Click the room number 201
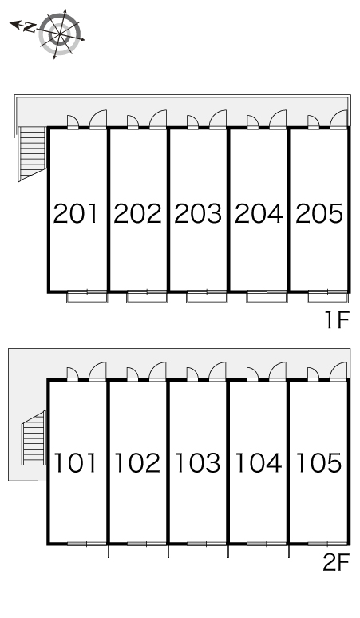coord(75,214)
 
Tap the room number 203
coord(198,214)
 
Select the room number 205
coord(319,214)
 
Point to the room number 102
coord(137,463)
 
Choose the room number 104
coord(259,463)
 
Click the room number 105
coord(318,463)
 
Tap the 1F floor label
coord(337,319)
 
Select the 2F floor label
coord(336,562)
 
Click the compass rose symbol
coord(60,34)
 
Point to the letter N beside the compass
coord(30,27)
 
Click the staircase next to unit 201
coord(32,154)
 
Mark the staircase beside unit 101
coord(34,438)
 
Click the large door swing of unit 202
coord(158,120)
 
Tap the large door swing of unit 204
coord(278,120)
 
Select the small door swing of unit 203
coord(192,122)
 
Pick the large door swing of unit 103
coord(217,371)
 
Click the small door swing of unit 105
coord(313,374)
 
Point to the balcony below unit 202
coord(147,297)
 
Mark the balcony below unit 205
coord(328,297)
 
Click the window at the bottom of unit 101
coord(87,544)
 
